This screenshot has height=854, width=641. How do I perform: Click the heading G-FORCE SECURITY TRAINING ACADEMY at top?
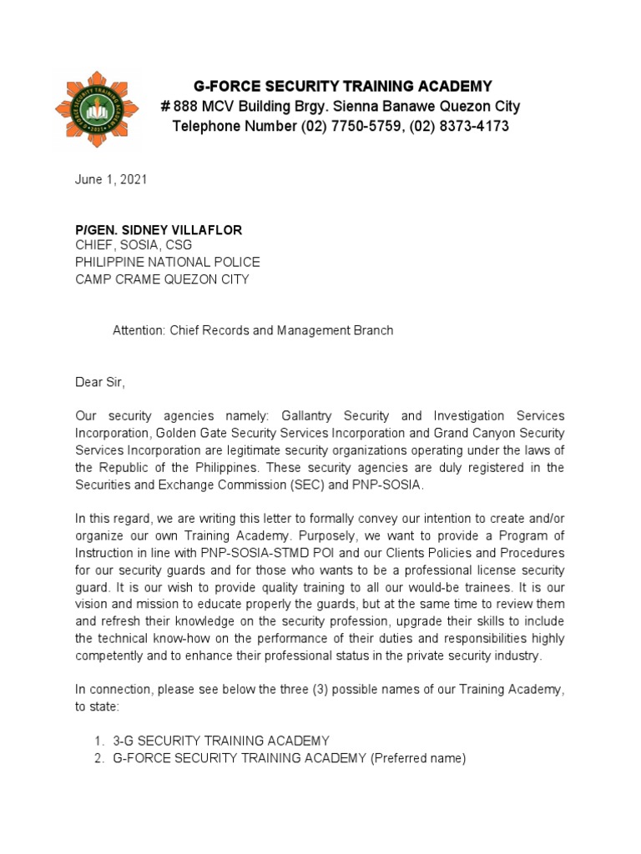(x=342, y=87)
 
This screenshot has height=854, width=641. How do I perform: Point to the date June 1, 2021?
(x=111, y=180)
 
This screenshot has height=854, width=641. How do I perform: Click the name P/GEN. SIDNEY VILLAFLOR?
(x=159, y=229)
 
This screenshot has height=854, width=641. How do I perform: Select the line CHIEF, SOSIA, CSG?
(x=134, y=245)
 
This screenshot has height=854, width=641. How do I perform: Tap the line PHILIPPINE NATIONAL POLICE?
(x=168, y=262)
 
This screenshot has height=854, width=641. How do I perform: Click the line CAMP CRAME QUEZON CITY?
(x=162, y=279)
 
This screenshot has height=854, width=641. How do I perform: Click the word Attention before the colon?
(x=139, y=330)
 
